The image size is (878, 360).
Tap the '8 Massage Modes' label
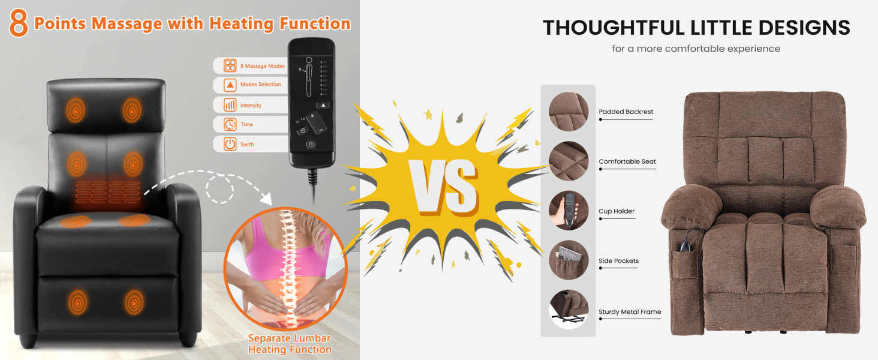tap(262, 66)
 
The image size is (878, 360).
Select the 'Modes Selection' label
tap(260, 85)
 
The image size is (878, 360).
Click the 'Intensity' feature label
tap(251, 106)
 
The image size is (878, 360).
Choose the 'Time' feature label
tap(246, 125)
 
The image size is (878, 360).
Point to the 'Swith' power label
tap(247, 145)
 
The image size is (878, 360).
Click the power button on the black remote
tap(311, 145)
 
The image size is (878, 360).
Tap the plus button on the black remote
tap(312, 116)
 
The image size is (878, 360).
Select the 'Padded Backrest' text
tap(626, 112)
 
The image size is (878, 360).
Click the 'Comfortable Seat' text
tap(627, 161)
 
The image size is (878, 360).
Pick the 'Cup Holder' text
tap(617, 211)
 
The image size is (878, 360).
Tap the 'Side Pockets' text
tap(618, 261)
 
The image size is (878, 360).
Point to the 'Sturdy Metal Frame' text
tap(630, 312)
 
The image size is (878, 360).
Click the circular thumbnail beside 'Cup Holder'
tap(568, 211)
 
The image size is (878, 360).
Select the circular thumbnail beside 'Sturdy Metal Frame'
tap(568, 310)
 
